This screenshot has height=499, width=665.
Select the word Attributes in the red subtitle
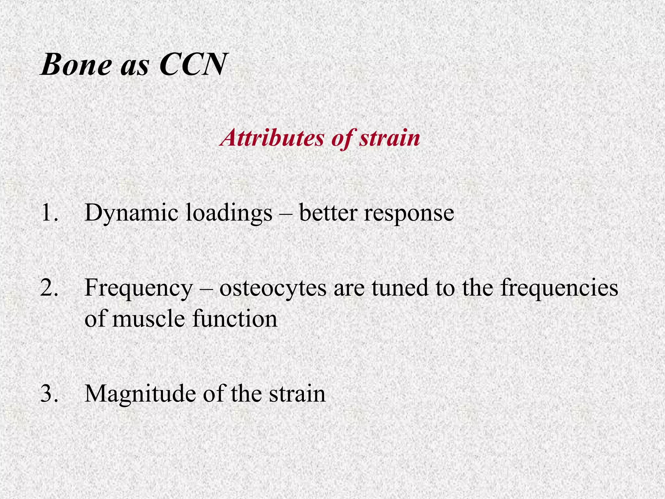pyautogui.click(x=272, y=138)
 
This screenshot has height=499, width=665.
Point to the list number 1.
pyautogui.click(x=49, y=213)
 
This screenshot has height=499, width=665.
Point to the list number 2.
pyautogui.click(x=49, y=288)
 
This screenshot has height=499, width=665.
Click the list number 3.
pyautogui.click(x=49, y=394)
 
